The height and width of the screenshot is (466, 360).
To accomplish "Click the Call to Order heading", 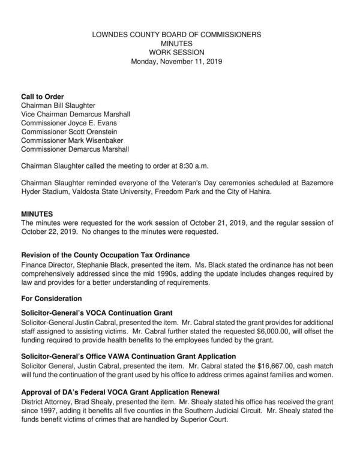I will [x=43, y=97].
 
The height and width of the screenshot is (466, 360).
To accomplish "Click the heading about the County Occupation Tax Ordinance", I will [x=106, y=254].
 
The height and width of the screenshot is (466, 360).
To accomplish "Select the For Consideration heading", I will [x=51, y=298].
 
